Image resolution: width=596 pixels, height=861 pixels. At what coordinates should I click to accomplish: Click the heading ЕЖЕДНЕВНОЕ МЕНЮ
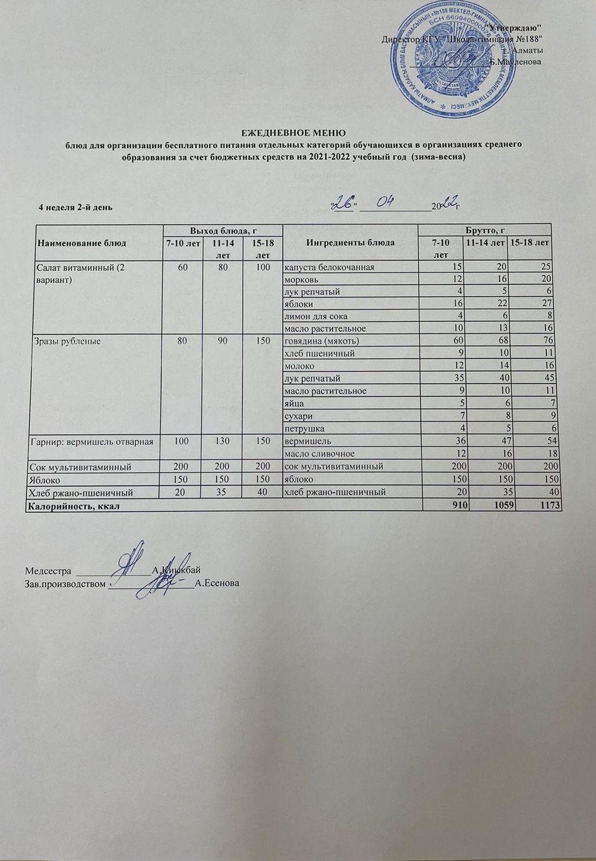[294, 133]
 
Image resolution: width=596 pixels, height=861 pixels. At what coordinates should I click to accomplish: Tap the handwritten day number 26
[344, 204]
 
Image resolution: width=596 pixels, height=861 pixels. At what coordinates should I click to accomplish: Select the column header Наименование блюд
[81, 242]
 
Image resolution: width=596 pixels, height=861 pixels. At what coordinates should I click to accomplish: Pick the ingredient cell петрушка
[304, 428]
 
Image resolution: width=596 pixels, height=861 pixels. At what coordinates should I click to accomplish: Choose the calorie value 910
[459, 506]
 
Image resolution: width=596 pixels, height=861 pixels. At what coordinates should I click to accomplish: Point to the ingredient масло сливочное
[319, 453]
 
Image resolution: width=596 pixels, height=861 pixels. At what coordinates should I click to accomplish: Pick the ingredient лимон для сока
[315, 316]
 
